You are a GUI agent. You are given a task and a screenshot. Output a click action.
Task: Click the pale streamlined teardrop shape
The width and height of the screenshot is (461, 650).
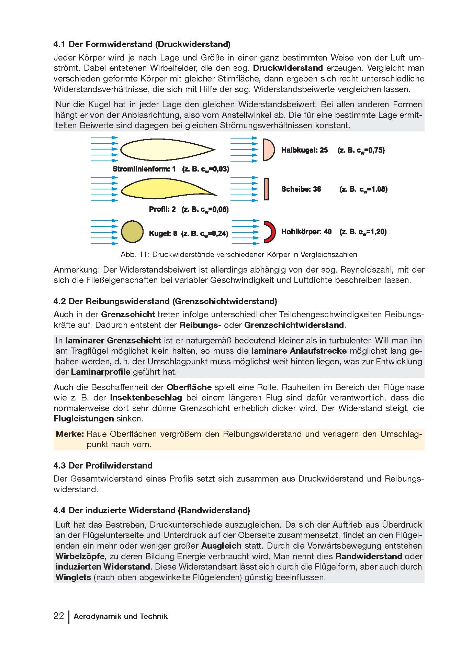pyautogui.click(x=161, y=150)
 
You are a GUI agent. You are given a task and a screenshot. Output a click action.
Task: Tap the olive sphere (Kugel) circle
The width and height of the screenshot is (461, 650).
pyautogui.click(x=132, y=232)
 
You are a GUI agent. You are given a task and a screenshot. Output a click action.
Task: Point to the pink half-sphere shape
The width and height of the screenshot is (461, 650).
pyautogui.click(x=268, y=150)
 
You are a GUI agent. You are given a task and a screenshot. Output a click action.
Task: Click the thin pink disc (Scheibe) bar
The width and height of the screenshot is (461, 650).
pyautogui.click(x=267, y=189)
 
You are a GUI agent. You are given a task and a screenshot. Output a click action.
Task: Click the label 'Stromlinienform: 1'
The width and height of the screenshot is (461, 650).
pyautogui.click(x=144, y=169)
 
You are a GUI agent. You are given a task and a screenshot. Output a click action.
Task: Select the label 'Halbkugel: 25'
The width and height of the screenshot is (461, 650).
pyautogui.click(x=304, y=150)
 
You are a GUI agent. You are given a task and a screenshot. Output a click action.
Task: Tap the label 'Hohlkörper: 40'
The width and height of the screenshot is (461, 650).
pyautogui.click(x=306, y=232)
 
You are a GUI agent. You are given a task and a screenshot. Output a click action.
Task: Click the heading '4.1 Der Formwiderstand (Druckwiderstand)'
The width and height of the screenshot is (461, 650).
pyautogui.click(x=142, y=44)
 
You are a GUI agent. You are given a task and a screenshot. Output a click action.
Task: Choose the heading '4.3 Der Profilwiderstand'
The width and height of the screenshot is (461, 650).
pyautogui.click(x=103, y=465)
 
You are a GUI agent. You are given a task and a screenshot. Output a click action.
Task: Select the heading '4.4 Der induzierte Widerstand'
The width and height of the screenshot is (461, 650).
pyautogui.click(x=151, y=510)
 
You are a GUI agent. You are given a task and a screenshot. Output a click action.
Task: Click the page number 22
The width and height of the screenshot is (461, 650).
pyautogui.click(x=59, y=616)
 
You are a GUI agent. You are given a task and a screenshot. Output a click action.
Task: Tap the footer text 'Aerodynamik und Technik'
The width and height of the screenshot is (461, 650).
pyautogui.click(x=121, y=616)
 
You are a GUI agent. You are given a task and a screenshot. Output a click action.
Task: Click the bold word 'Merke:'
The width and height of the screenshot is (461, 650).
pyautogui.click(x=70, y=434)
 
